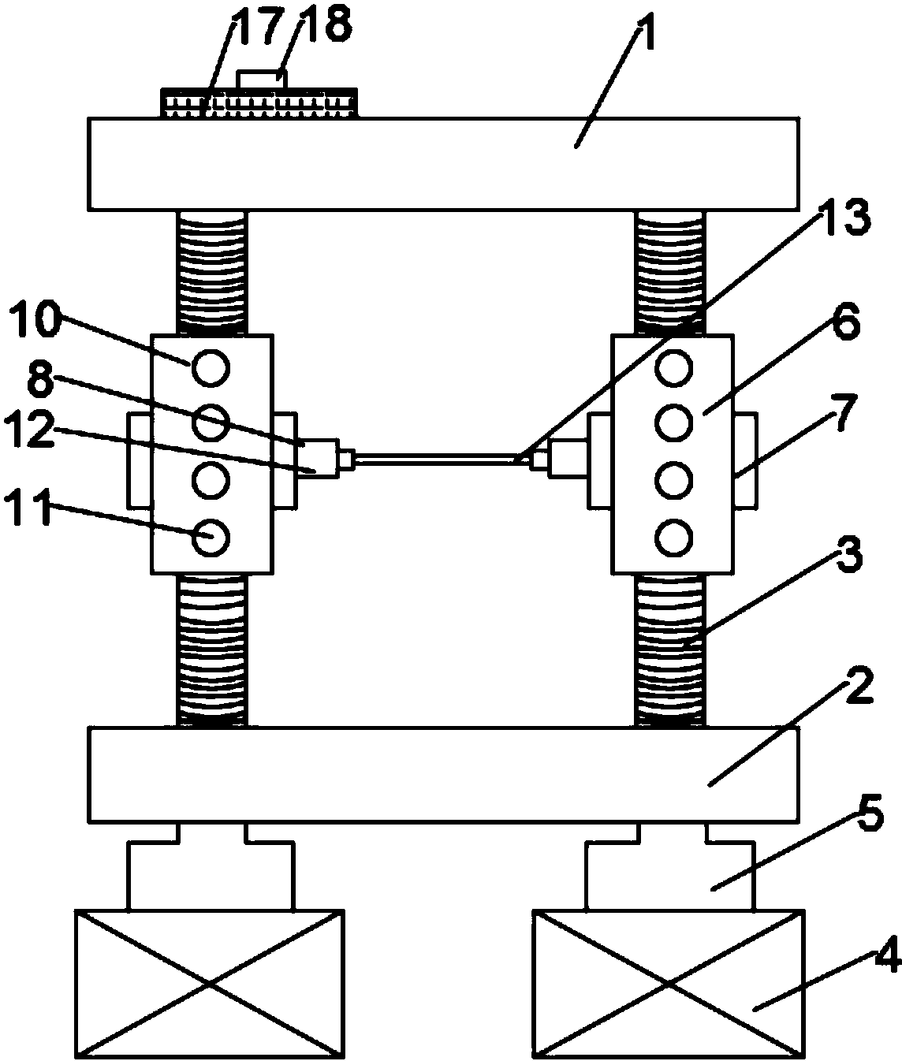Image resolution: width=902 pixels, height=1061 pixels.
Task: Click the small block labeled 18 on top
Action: (x=261, y=80)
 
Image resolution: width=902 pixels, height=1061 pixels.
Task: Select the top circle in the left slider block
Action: (x=211, y=367)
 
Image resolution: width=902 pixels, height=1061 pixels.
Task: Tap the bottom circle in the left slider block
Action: (x=211, y=537)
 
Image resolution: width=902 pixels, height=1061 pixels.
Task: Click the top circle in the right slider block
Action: (x=674, y=367)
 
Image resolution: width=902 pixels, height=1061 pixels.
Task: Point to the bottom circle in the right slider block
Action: (x=674, y=537)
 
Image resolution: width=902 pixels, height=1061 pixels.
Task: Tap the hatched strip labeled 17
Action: (x=259, y=103)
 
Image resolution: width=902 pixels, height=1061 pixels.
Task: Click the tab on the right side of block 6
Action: (x=746, y=461)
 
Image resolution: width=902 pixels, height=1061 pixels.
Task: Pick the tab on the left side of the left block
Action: (x=139, y=461)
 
